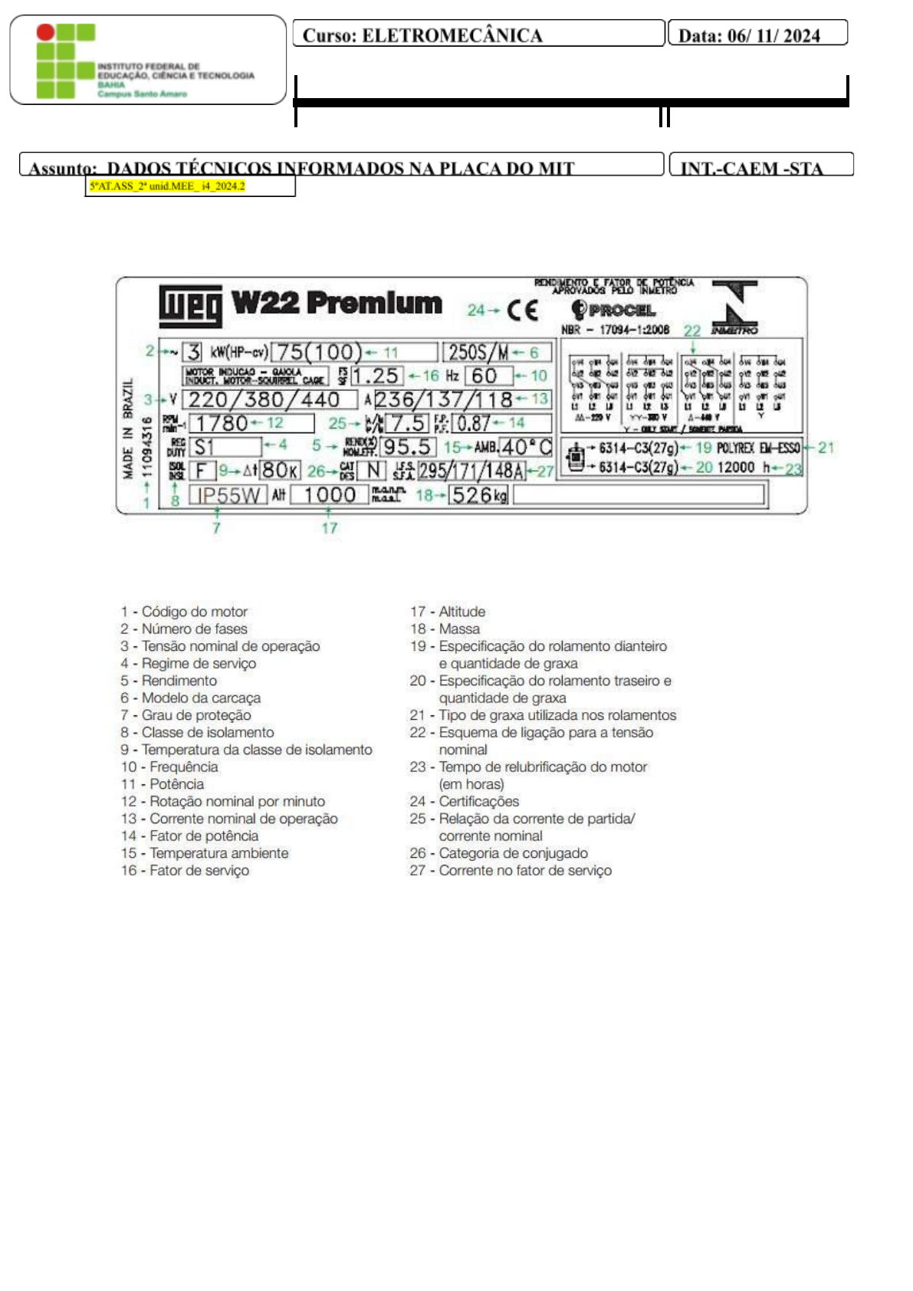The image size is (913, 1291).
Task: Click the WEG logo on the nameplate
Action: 190,305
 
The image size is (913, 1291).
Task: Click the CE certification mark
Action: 522,310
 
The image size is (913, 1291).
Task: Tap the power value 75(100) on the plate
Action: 317,352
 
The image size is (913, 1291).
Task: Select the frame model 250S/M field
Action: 478,352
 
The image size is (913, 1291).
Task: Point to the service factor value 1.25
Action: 376,376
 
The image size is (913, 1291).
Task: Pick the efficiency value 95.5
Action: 407,447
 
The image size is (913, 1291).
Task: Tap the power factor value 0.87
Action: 474,423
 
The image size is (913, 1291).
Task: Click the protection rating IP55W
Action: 228,495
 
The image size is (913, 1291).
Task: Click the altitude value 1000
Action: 329,495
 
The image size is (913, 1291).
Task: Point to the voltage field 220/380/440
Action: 264,399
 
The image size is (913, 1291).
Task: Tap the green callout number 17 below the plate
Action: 329,528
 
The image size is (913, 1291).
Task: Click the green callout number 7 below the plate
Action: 216,528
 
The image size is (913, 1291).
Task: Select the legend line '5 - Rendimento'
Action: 169,681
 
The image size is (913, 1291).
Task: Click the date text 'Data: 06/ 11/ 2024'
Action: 749,35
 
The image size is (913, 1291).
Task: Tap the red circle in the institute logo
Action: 46,32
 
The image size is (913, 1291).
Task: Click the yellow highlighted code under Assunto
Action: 167,186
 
